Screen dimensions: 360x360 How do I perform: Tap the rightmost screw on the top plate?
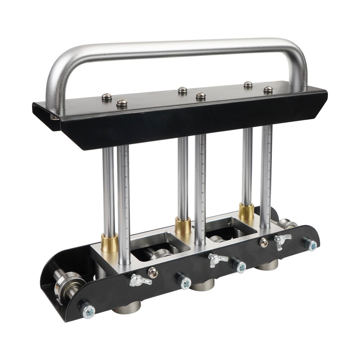tap(268, 89)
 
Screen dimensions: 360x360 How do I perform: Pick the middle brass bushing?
tap(183, 226)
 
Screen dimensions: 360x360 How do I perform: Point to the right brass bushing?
tap(246, 211)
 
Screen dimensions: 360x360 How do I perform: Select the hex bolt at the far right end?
tap(311, 246)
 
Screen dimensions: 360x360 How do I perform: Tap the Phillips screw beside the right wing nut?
tap(264, 242)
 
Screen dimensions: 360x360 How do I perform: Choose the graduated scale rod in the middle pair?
tap(200, 187)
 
